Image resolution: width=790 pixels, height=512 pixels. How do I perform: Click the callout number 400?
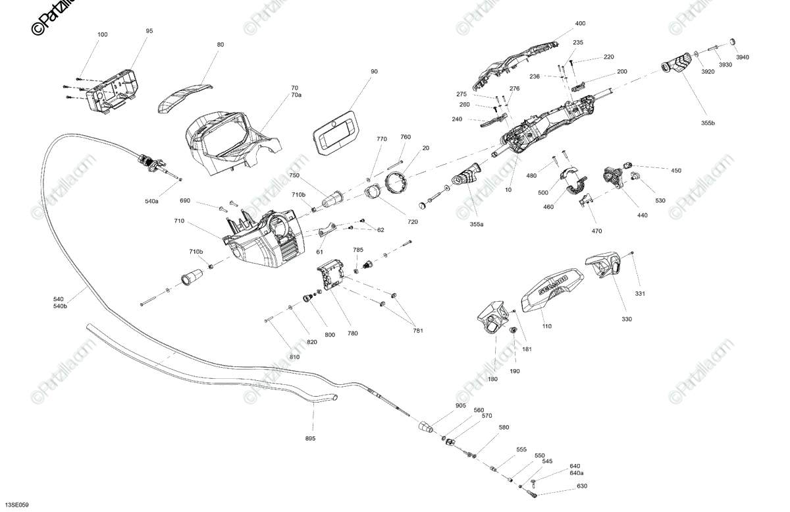point(580,24)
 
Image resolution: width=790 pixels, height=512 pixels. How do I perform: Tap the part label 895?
point(310,438)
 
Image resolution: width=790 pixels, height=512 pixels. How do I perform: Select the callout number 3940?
point(743,57)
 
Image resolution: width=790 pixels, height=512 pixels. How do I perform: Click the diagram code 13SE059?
point(16,505)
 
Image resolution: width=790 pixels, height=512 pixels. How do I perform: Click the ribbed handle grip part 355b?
point(677,65)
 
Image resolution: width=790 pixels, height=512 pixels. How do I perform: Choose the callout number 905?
point(461,406)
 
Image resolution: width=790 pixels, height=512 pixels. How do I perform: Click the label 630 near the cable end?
point(582,487)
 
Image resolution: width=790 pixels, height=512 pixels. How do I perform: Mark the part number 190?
point(515,371)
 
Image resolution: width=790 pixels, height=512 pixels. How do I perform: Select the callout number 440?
point(642,215)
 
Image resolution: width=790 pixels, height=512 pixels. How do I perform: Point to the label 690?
point(185,200)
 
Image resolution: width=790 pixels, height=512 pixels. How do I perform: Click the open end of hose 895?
point(333,398)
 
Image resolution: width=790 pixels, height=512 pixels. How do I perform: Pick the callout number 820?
point(312,341)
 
